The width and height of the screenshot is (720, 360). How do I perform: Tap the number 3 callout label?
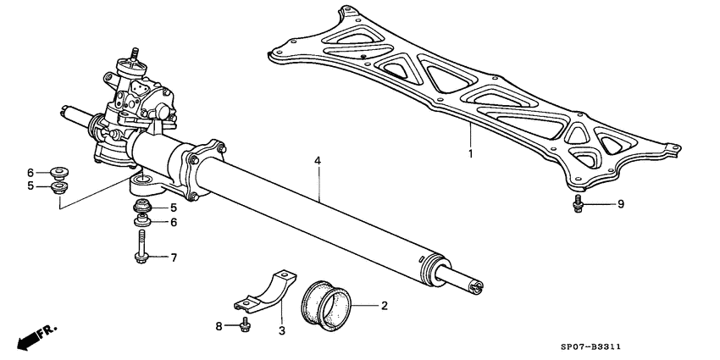coord(281,330)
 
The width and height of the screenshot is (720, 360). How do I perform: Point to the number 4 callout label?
coord(318,160)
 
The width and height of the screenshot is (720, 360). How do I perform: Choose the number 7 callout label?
coord(174,257)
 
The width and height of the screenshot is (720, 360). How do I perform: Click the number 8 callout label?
coord(218,325)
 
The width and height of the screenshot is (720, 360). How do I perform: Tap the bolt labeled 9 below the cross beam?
coord(578,203)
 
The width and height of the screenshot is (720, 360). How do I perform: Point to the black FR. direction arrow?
coord(31,336)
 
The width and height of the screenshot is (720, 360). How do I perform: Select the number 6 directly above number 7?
coord(174,223)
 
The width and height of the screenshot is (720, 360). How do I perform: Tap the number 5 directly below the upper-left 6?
coord(30,186)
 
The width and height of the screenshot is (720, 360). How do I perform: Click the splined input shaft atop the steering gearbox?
coord(133,56)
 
